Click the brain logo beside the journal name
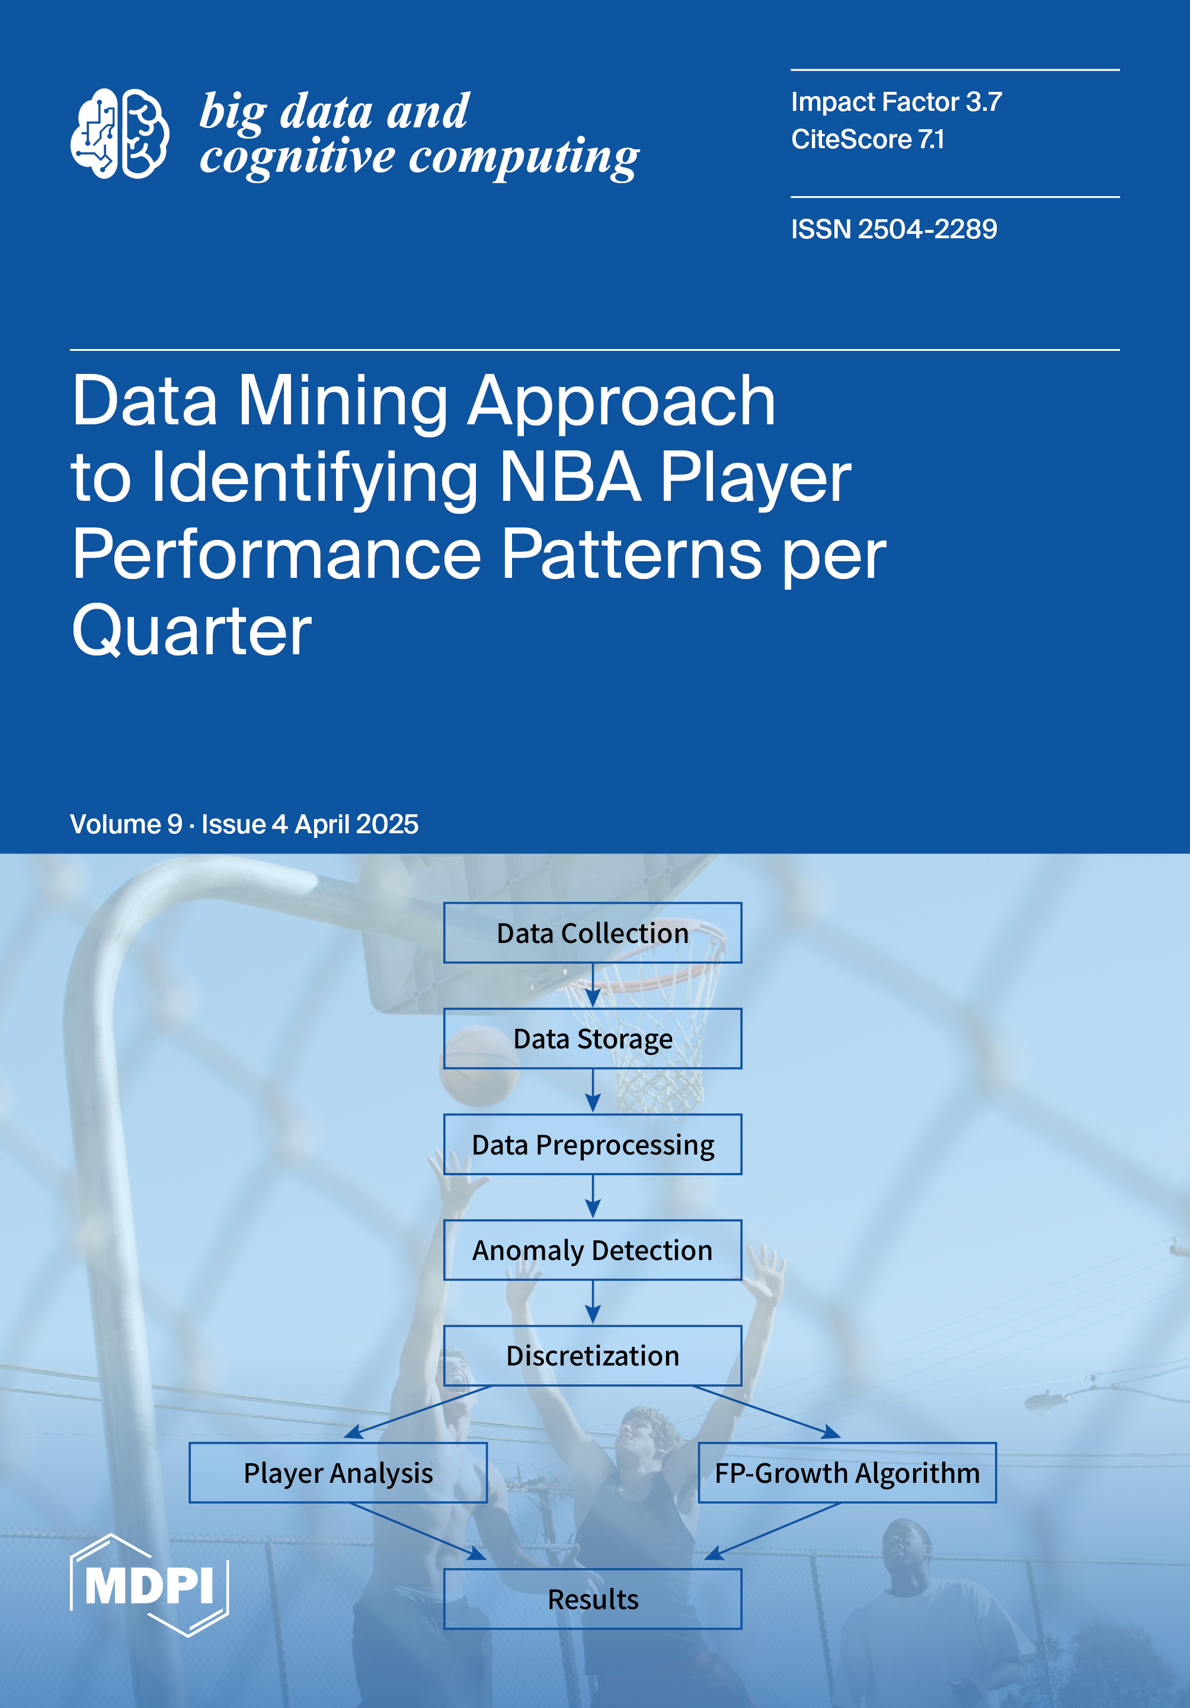[120, 134]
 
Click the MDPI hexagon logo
[149, 1585]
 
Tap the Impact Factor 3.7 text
[896, 102]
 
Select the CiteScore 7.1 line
[867, 139]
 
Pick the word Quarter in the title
[192, 630]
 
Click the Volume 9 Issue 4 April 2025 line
[244, 824]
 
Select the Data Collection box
[593, 933]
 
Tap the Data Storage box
[593, 1038]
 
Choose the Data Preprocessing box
[593, 1144]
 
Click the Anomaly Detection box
[593, 1250]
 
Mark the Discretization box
[593, 1355]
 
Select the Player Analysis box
[338, 1473]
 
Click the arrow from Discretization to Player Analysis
[418, 1412]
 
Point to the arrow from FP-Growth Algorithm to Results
[772, 1531]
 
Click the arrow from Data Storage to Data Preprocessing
[593, 1090]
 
